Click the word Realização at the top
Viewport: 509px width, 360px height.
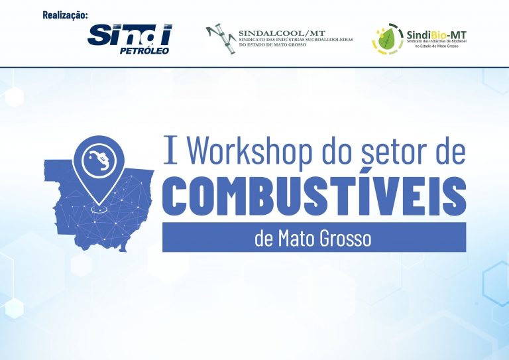coord(65,15)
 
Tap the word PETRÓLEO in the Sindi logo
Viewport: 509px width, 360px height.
coord(144,50)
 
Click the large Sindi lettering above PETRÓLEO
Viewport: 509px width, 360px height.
coord(129,34)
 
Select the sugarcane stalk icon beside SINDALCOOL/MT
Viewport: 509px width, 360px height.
coord(221,38)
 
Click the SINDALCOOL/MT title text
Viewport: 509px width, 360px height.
coord(282,33)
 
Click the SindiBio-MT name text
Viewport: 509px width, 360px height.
coord(436,34)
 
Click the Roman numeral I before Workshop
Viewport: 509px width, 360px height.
coord(170,150)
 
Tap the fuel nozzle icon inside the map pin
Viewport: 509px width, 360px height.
coord(99,159)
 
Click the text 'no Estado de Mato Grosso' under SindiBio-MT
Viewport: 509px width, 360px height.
coord(437,46)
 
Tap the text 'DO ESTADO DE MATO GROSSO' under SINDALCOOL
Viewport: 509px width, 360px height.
coord(272,45)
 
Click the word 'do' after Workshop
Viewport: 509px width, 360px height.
coord(337,150)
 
